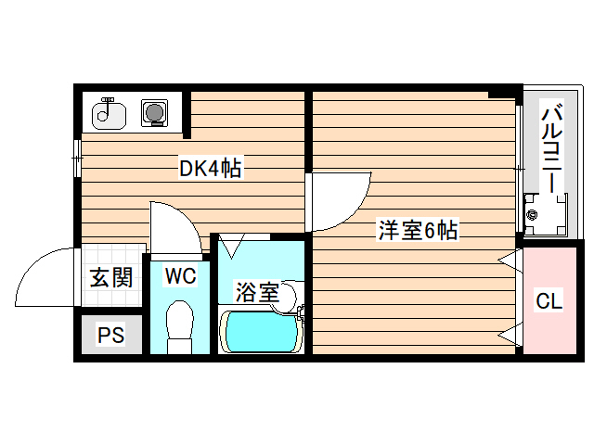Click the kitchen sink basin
[110, 114]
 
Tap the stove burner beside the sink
[153, 113]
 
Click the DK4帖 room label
[211, 169]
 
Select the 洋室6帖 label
[417, 231]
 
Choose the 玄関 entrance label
[110, 277]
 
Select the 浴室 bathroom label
[256, 293]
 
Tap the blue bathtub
[259, 331]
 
